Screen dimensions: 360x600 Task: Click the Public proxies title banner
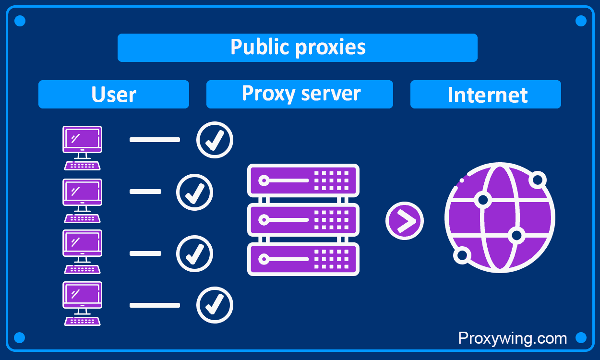[298, 48]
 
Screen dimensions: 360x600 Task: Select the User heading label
[114, 94]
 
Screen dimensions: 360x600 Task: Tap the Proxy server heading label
[300, 94]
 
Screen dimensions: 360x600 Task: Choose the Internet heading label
[486, 95]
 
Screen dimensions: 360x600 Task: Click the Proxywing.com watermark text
[512, 338]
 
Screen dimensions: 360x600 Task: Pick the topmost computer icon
[82, 148]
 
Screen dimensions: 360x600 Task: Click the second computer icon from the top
[82, 201]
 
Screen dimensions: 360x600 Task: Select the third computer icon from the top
[82, 252]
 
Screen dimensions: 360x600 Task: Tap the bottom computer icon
[82, 303]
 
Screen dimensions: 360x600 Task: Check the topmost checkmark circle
[215, 140]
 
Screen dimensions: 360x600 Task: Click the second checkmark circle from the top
[194, 192]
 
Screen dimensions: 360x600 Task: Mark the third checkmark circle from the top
[194, 253]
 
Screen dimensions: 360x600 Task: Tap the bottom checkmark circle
[215, 305]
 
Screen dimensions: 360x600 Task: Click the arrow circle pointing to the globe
[404, 221]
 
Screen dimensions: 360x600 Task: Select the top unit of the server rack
[303, 180]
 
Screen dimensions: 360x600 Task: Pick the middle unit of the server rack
[303, 220]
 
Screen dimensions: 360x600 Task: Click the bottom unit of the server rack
[303, 259]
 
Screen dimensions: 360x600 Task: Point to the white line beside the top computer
[155, 140]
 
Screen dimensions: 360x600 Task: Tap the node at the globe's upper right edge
[537, 180]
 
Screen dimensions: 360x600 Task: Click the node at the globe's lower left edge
[462, 255]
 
